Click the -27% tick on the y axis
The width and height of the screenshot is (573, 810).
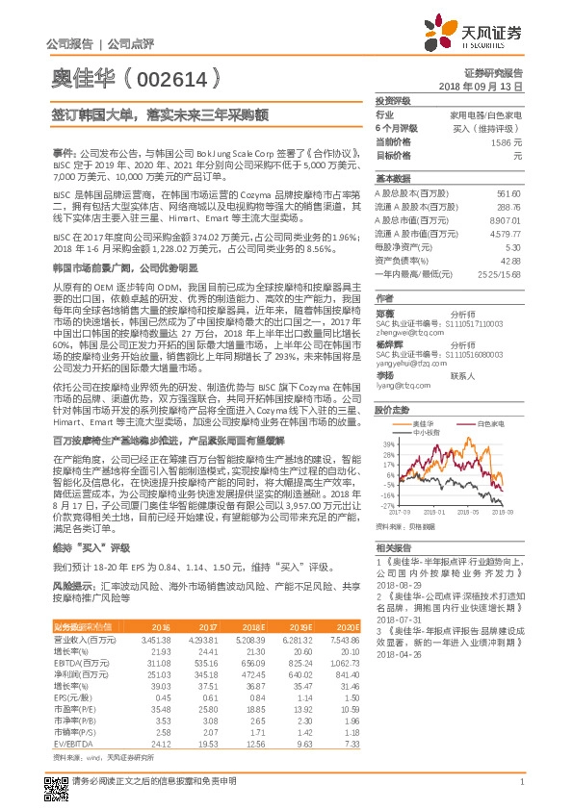pos(388,505)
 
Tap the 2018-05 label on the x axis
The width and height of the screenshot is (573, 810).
pos(467,514)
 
